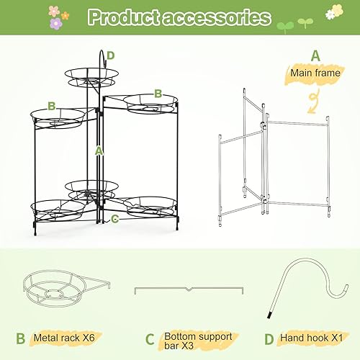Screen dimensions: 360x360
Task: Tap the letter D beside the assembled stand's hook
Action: [110, 55]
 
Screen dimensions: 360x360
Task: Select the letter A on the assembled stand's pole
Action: [99, 150]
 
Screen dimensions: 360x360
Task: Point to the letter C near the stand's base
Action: [114, 219]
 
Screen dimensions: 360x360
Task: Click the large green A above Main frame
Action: [315, 55]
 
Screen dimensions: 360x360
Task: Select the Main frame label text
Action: [314, 73]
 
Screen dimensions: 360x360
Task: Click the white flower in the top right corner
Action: [331, 13]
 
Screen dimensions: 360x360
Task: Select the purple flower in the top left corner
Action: [55, 23]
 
